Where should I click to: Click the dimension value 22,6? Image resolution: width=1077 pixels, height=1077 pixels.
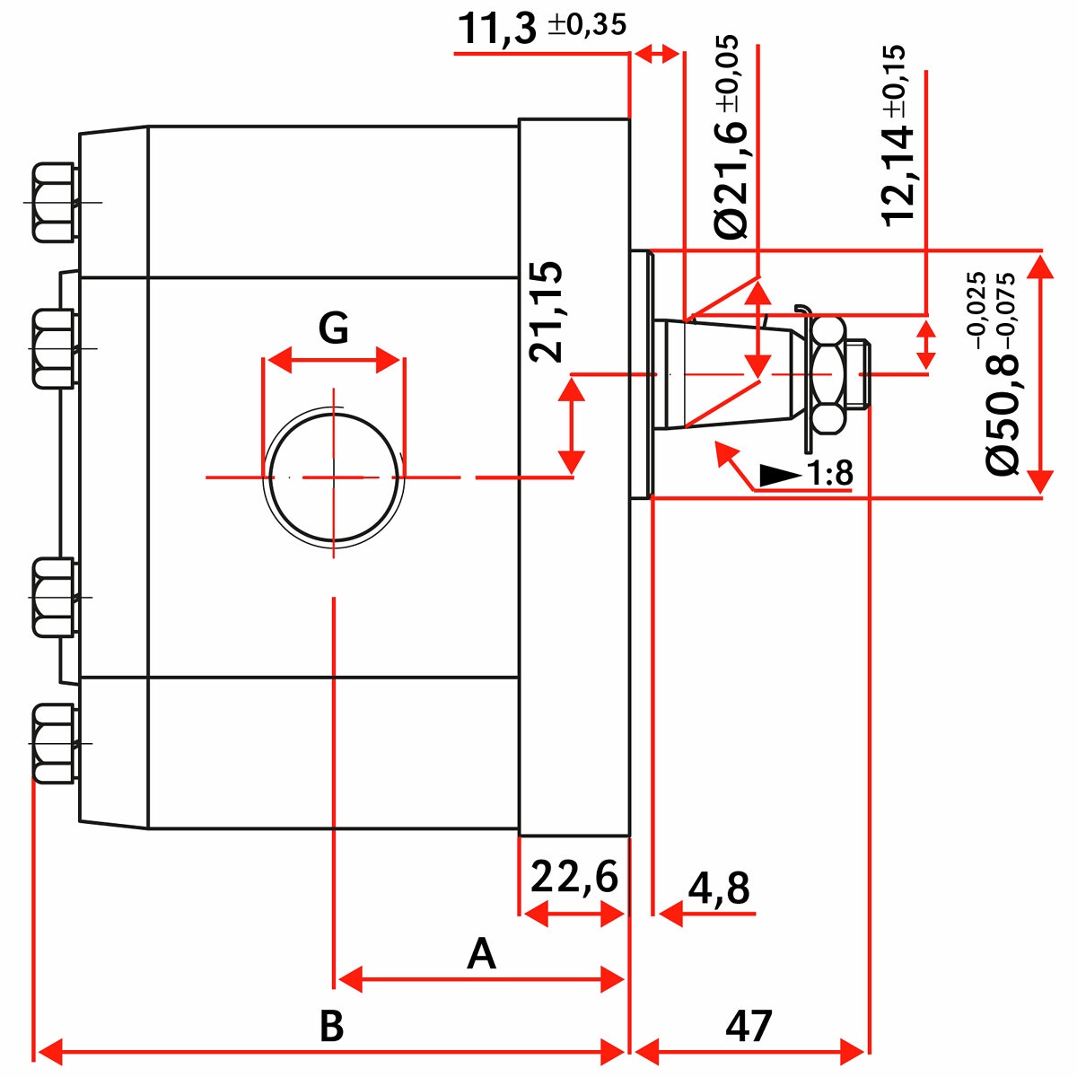[x=574, y=877]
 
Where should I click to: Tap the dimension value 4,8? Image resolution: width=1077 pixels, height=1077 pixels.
[x=719, y=889]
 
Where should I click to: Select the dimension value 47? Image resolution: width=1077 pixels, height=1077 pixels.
[x=749, y=1025]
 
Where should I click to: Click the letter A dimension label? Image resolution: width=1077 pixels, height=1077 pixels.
[x=482, y=954]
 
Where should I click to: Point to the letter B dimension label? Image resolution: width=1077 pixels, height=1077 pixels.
[x=331, y=1025]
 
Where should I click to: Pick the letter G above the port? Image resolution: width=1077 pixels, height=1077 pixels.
[x=333, y=328]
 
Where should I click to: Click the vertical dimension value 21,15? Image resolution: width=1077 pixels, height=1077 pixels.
[x=546, y=311]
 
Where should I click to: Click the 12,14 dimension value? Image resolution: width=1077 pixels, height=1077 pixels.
[x=898, y=175]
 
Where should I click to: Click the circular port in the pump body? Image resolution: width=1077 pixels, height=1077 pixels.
[x=333, y=477]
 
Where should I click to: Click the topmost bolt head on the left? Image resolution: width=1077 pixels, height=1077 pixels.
[x=53, y=202]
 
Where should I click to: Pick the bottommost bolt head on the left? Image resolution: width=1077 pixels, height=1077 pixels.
[x=53, y=743]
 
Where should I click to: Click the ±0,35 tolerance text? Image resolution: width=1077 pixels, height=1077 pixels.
[x=587, y=24]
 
